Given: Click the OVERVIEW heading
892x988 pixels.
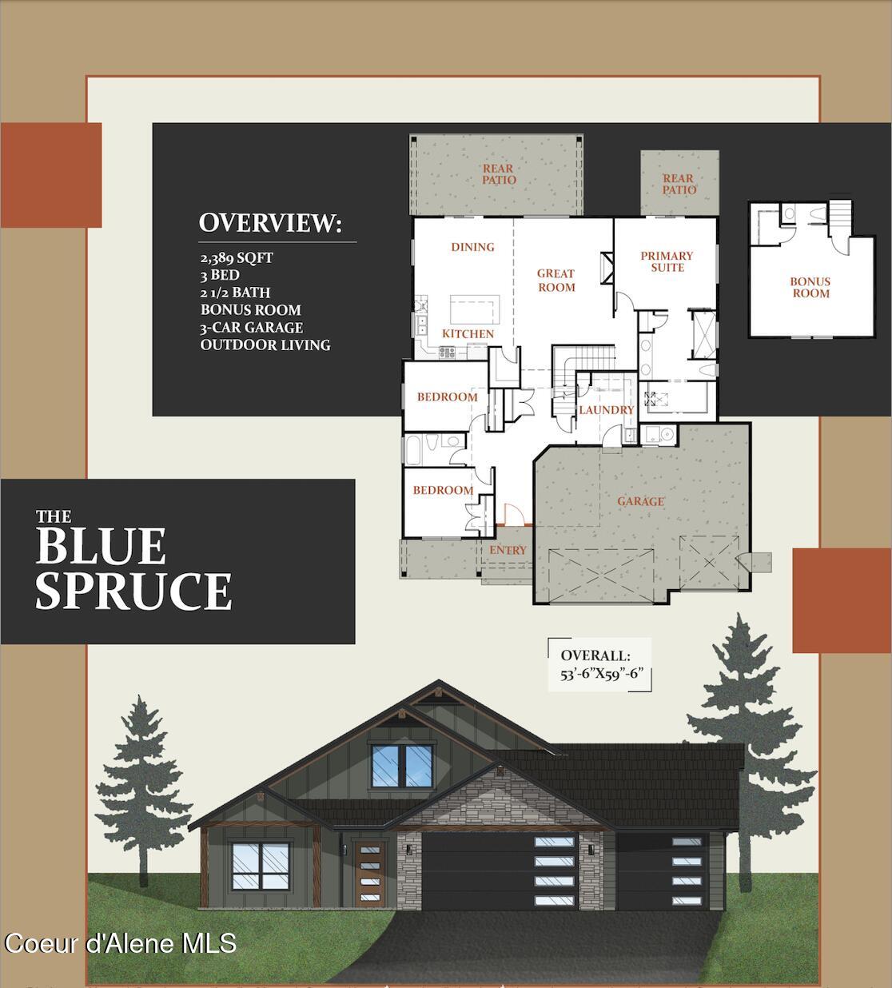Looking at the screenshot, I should (x=270, y=223).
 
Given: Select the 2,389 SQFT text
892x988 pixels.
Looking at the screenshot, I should (x=237, y=257).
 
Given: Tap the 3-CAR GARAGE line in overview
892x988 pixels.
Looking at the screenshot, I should (x=252, y=327).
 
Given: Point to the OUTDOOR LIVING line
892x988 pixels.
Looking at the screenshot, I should (x=265, y=345).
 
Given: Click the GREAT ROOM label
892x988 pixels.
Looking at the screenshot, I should (x=556, y=280).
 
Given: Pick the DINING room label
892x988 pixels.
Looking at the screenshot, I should (x=472, y=247).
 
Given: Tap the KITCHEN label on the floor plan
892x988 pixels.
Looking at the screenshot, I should (x=468, y=333).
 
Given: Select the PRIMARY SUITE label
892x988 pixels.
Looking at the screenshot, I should (x=667, y=261).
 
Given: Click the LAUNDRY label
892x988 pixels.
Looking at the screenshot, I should (x=606, y=409).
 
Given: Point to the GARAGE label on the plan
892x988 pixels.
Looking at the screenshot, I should (x=640, y=501).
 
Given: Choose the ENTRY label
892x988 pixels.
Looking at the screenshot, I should (x=508, y=549).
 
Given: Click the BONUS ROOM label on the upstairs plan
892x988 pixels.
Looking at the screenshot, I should (x=810, y=287).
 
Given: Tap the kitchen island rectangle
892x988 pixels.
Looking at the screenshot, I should (x=475, y=307).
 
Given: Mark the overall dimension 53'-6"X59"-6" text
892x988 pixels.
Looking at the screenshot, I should (x=602, y=673).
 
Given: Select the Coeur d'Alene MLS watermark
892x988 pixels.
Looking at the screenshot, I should (x=120, y=943).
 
